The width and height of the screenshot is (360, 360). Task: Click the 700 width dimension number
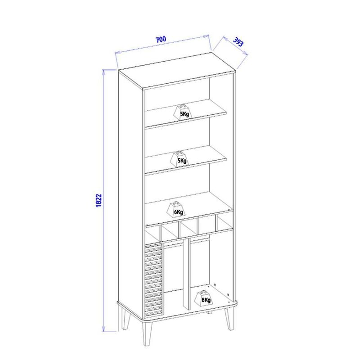(161, 40)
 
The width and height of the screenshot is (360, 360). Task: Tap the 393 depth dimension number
(238, 42)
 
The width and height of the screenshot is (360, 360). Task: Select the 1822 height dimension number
(99, 201)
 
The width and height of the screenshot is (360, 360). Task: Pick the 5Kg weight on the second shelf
(180, 159)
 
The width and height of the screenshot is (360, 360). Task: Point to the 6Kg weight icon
(176, 209)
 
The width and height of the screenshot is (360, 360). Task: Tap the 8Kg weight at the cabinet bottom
(203, 298)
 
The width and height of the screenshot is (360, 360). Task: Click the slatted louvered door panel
(153, 280)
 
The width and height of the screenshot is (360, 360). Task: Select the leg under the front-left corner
(148, 333)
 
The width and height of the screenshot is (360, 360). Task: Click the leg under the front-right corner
(229, 319)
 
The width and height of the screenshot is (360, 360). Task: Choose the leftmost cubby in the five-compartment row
(153, 233)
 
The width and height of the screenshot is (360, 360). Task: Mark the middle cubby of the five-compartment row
(188, 229)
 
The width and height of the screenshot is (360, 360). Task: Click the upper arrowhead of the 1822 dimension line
(103, 72)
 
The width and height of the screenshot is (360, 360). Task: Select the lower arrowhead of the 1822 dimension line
(103, 328)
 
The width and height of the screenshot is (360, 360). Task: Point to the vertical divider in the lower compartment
(186, 274)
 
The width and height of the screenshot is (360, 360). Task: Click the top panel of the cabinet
(177, 70)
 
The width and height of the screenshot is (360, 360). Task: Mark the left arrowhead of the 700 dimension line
(118, 53)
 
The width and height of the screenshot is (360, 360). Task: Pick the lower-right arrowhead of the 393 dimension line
(245, 53)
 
